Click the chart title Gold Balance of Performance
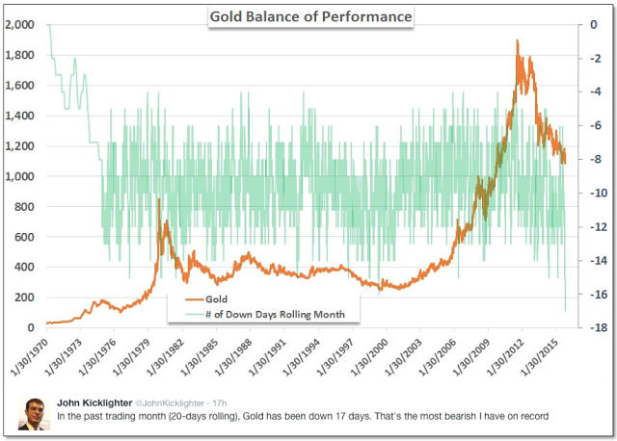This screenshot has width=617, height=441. click(x=310, y=17)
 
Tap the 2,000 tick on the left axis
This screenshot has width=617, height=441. click(x=20, y=25)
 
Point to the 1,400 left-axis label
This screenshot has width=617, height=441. click(x=20, y=116)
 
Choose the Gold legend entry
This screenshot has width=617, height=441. click(x=217, y=299)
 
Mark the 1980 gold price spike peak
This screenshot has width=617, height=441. click(x=158, y=199)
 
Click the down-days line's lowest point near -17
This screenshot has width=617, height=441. click(x=565, y=310)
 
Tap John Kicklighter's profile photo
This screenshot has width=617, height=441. click(x=37, y=411)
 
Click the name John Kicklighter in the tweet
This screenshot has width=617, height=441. click(x=96, y=402)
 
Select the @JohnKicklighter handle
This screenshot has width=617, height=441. click(x=179, y=402)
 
